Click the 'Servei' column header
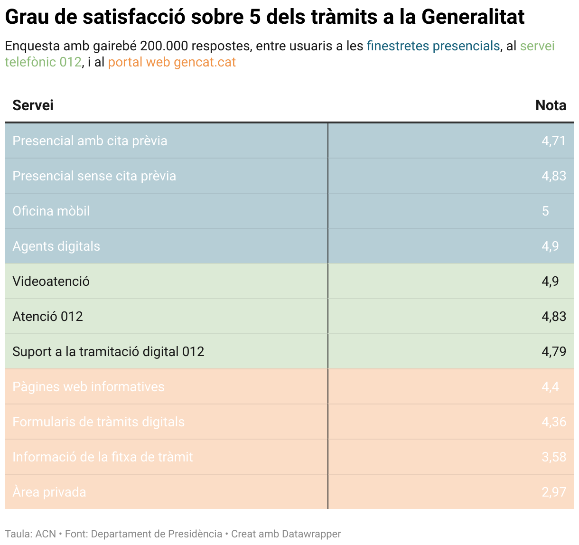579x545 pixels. (33, 105)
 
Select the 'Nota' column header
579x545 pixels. (551, 105)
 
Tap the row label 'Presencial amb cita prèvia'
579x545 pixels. (90, 141)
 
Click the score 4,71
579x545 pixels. (553, 141)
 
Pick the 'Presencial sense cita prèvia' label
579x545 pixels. (94, 176)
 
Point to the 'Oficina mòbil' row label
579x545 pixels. (51, 211)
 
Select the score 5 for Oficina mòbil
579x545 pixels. (545, 211)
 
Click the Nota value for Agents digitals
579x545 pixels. (550, 246)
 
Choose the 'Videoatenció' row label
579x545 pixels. (51, 282)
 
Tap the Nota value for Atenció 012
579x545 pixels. (553, 317)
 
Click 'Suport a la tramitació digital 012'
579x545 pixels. (108, 352)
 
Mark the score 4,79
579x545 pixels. (553, 352)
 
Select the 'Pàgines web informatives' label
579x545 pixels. (88, 387)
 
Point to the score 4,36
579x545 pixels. (553, 422)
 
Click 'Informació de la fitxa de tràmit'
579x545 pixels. (103, 457)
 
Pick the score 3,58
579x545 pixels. (553, 457)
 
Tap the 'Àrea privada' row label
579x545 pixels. (49, 492)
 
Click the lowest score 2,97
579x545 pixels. (553, 492)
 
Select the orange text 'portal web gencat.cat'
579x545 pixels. (172, 62)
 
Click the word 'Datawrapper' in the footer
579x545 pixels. (311, 534)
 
